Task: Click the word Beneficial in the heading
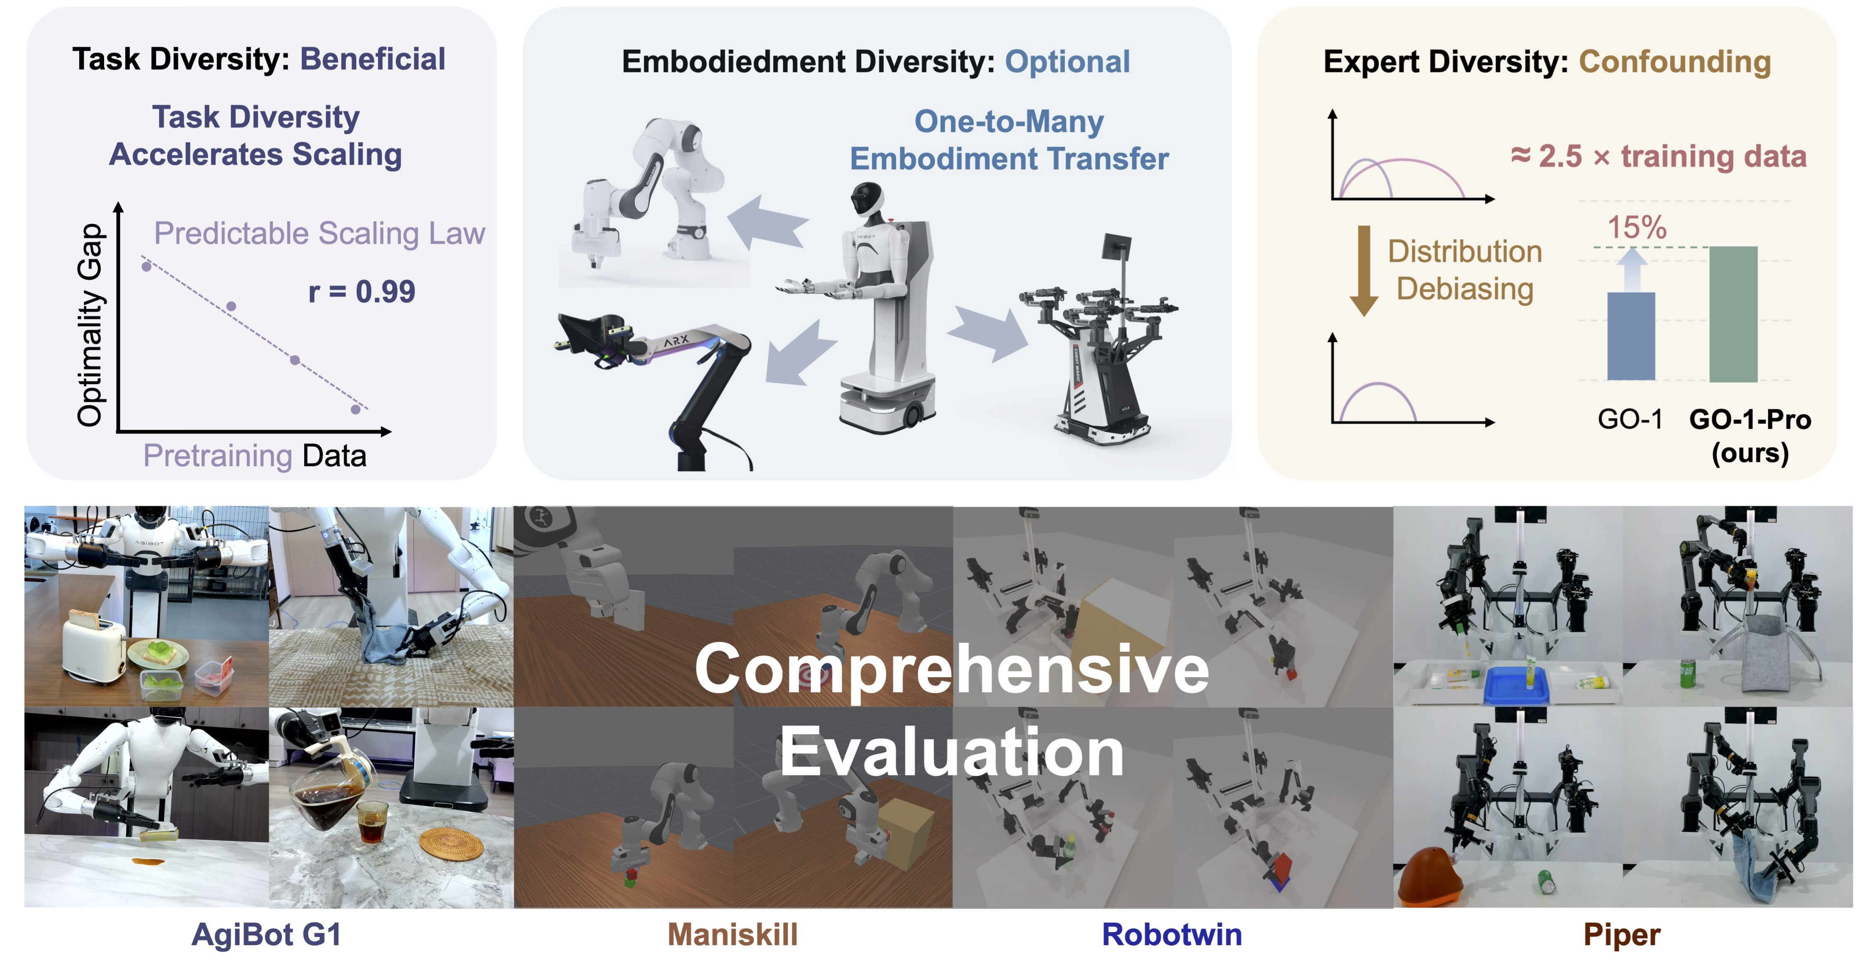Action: pyautogui.click(x=373, y=59)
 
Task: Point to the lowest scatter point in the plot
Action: pyautogui.click(x=355, y=409)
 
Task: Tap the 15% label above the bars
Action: pyautogui.click(x=1637, y=228)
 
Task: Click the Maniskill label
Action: pyautogui.click(x=732, y=934)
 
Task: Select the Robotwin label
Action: pyautogui.click(x=1171, y=934)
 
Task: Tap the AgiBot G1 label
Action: pyautogui.click(x=266, y=934)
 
